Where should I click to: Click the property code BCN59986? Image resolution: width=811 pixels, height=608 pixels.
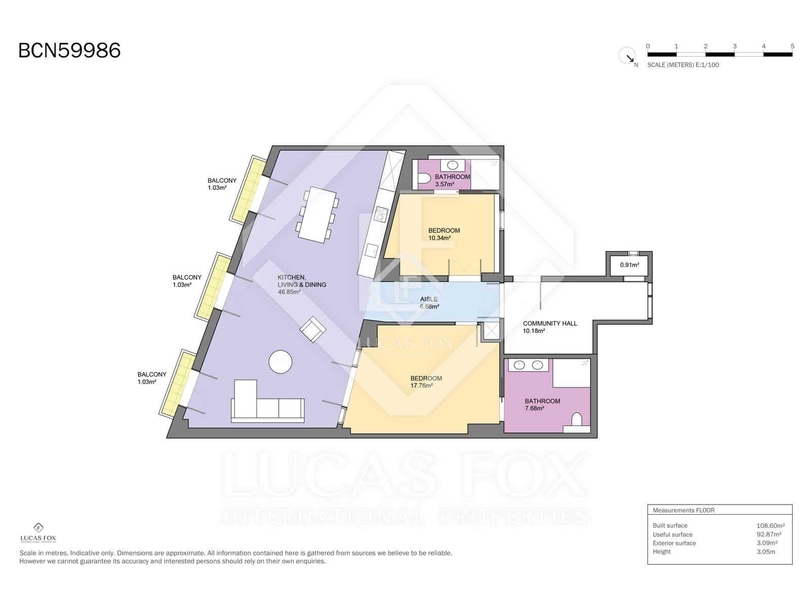pyautogui.click(x=69, y=51)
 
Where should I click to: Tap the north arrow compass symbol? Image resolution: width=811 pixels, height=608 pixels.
pyautogui.click(x=628, y=55)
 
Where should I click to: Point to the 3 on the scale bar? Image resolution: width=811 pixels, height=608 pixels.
pyautogui.click(x=734, y=46)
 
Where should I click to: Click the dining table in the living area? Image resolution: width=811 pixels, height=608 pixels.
pyautogui.click(x=317, y=215)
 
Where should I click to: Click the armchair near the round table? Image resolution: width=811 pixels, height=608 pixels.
pyautogui.click(x=313, y=329)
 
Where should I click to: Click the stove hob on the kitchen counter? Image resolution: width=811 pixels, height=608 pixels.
pyautogui.click(x=380, y=215)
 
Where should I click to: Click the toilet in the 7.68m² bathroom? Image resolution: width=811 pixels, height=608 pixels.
pyautogui.click(x=576, y=420)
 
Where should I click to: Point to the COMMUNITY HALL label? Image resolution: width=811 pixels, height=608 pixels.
pyautogui.click(x=549, y=323)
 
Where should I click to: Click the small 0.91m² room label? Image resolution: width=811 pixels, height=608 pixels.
pyautogui.click(x=629, y=264)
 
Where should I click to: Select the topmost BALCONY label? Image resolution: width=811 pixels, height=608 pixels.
pyautogui.click(x=222, y=180)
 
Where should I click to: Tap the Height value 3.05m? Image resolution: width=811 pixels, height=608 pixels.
pyautogui.click(x=765, y=551)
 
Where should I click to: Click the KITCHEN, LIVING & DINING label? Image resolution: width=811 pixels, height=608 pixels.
pyautogui.click(x=302, y=284)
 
